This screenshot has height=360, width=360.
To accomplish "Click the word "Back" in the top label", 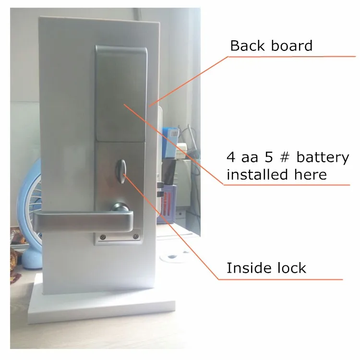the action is (247, 46).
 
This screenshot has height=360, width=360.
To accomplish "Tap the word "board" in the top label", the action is (292, 46).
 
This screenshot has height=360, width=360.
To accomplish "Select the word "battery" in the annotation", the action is (323, 158).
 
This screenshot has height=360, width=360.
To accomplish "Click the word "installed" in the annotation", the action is (257, 174).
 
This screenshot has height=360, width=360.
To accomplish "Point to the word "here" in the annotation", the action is (311, 175).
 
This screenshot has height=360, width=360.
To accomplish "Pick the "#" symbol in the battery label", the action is (285, 157).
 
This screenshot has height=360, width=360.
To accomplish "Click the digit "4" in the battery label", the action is (231, 157).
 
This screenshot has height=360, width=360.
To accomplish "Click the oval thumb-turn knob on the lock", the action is (121, 171).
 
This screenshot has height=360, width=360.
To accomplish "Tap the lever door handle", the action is (83, 222).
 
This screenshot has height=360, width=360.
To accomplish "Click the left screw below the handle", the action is (103, 237).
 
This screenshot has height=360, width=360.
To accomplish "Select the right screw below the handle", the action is (136, 237).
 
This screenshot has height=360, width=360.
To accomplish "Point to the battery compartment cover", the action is (121, 94).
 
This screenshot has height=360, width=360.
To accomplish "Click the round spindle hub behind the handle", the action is (120, 207).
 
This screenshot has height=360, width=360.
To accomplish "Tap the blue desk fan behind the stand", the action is (29, 214).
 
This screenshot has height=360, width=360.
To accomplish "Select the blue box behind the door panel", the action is (170, 144).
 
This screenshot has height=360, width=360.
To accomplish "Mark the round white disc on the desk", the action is (173, 257).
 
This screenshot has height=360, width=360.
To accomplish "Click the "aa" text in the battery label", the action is (250, 158).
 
